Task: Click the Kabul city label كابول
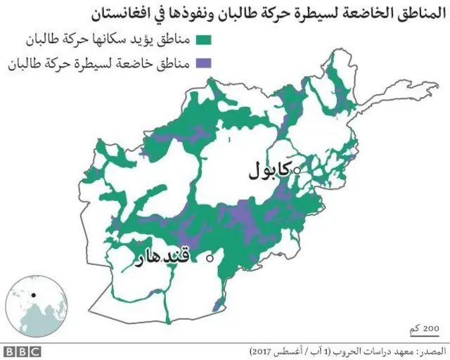click(270, 171)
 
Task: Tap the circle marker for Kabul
click(297, 170)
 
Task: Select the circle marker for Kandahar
click(209, 259)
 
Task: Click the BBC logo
click(22, 350)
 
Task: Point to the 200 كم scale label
click(424, 327)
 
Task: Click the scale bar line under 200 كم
click(423, 335)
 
